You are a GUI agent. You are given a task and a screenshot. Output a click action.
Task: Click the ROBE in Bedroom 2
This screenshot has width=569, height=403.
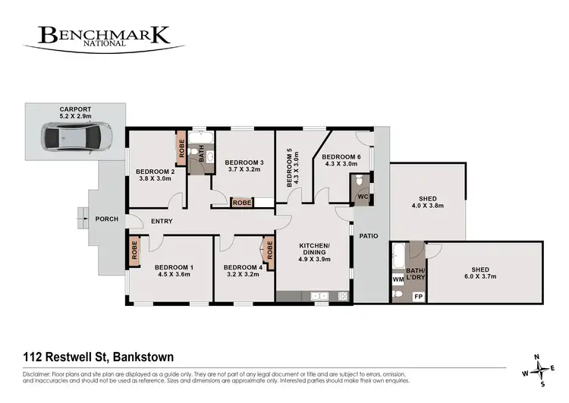(182, 147)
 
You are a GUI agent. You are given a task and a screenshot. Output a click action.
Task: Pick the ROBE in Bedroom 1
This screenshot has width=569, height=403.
(134, 250)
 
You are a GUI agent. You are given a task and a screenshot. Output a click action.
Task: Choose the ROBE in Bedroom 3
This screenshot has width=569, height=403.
(242, 203)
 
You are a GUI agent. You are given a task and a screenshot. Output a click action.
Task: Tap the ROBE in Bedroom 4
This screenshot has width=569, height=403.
(269, 250)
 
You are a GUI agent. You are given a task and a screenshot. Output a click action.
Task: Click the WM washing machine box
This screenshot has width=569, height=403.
(398, 279)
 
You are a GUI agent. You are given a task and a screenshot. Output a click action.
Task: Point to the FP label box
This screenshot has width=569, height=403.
(417, 296)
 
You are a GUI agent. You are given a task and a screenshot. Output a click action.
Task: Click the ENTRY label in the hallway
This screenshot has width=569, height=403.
(162, 221)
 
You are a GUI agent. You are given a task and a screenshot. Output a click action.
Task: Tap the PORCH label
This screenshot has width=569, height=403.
(106, 219)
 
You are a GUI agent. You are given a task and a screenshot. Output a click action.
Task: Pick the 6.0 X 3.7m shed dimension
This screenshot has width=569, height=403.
(480, 278)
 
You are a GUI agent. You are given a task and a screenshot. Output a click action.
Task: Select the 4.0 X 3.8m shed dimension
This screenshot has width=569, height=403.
(427, 205)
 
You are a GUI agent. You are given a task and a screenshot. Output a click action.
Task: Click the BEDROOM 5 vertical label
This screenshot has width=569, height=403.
(289, 171)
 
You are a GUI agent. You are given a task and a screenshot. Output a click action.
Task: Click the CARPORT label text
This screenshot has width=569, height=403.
(75, 109)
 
